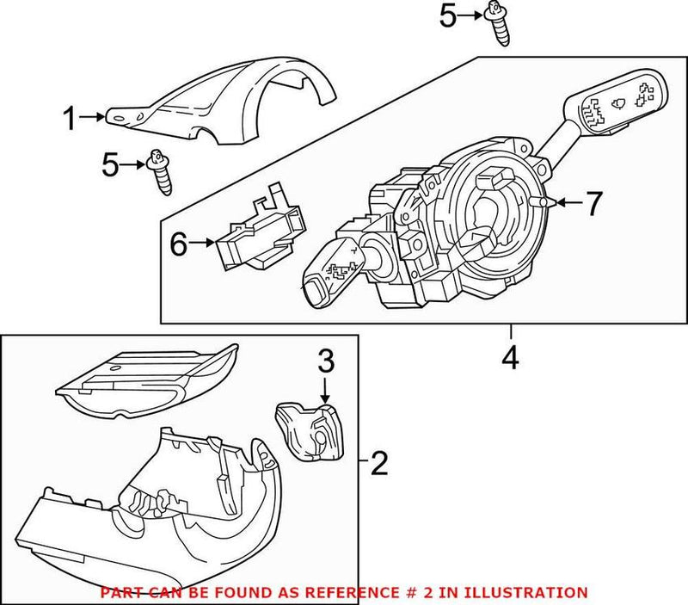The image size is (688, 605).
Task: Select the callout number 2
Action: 379,466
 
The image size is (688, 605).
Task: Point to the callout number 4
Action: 510,357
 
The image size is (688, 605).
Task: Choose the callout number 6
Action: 178,245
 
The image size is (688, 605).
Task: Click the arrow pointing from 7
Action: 568,203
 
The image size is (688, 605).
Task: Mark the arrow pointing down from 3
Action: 325,390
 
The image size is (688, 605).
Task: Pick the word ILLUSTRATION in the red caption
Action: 532,593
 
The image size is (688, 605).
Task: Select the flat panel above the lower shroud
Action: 146,379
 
